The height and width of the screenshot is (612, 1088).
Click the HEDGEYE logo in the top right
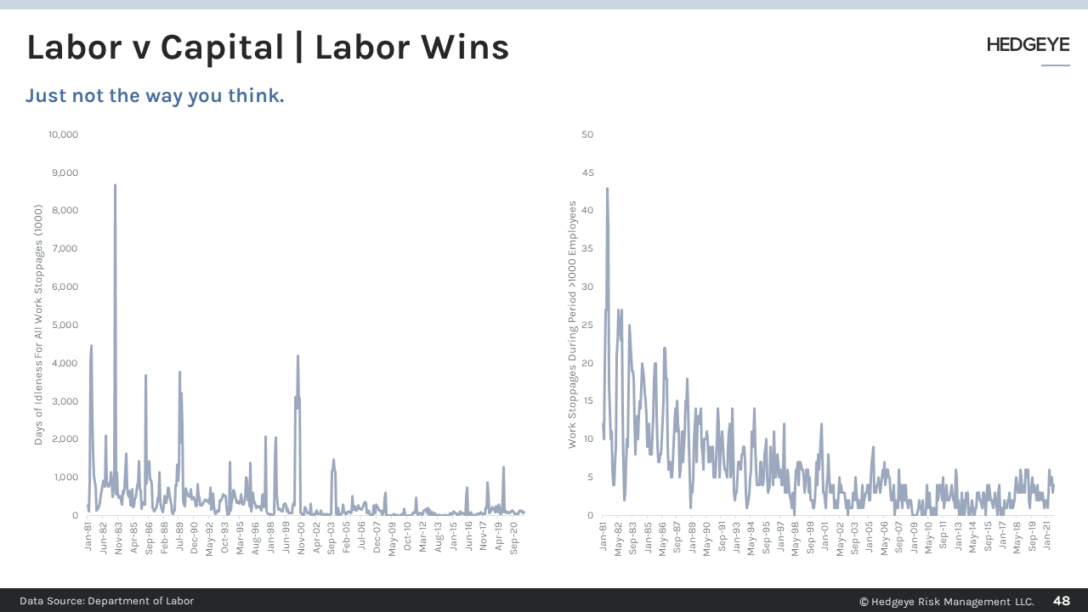coord(1028,45)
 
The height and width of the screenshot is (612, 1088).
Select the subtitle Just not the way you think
coord(155,95)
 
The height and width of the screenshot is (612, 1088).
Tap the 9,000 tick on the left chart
coord(65,173)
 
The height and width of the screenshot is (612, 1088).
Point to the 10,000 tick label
coord(62,134)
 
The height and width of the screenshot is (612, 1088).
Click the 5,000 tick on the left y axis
coord(65,325)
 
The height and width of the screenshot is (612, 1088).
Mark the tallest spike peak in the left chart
coord(115,185)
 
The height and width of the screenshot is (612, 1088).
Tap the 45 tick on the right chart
coord(587,173)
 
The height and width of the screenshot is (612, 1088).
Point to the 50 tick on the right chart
coord(587,134)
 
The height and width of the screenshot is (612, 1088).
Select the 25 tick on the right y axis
coord(587,325)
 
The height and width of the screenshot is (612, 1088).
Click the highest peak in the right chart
coord(607,189)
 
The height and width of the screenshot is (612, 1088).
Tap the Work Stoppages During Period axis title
coord(573,325)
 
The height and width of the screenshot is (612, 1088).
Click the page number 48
coord(1062,601)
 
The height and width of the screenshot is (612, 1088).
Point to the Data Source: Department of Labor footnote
coord(107,601)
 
